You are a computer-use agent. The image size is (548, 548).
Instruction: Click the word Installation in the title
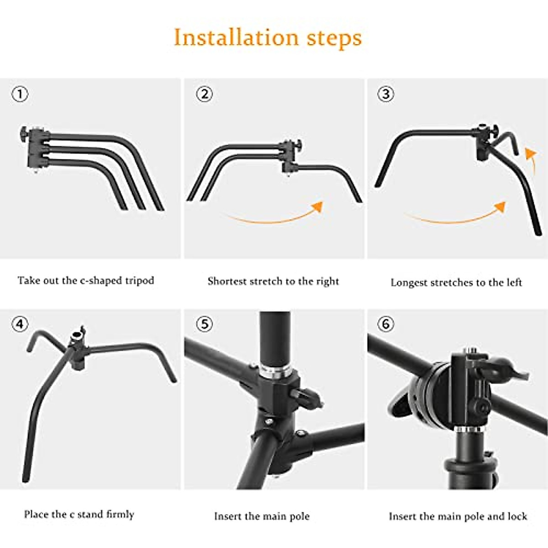pos(236,37)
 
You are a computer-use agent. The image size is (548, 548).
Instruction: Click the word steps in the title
pos(334,37)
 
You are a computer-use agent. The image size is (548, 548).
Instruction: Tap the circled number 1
pos(20,95)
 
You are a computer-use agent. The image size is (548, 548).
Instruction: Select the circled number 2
pos(204,94)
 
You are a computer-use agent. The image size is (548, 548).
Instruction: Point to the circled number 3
pos(386,94)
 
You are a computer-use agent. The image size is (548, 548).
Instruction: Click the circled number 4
pos(20,324)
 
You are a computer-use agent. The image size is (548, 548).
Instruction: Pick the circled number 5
pos(204,324)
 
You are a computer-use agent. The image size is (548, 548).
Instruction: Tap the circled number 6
pos(386,324)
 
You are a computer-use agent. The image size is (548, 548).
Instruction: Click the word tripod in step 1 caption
pos(140,280)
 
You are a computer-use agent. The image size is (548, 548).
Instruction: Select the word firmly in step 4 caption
pos(120,515)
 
